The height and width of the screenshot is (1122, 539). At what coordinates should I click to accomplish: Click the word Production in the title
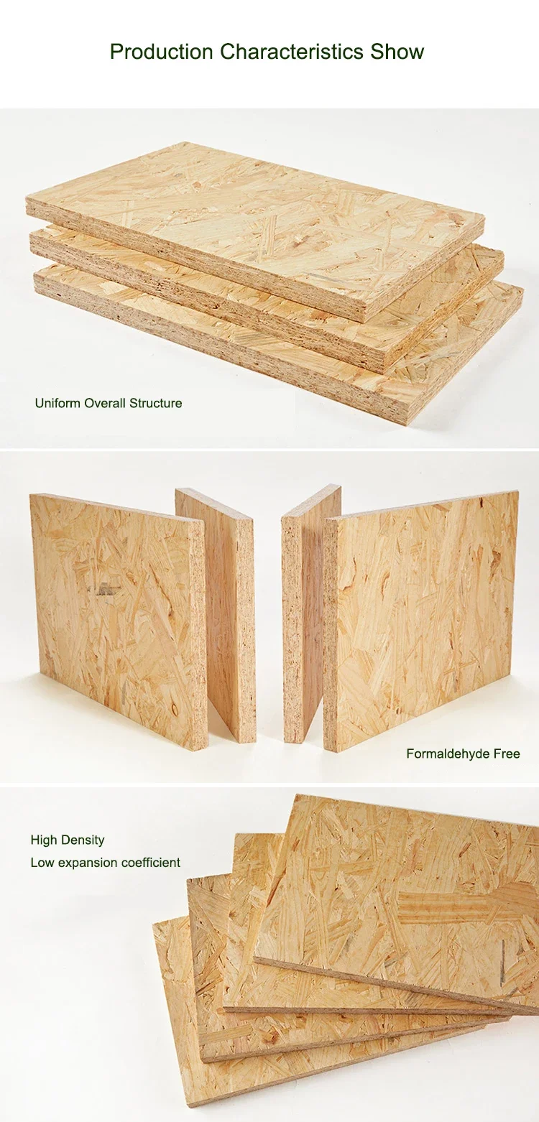tap(162, 52)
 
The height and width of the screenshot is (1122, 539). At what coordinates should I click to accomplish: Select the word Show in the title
tap(397, 52)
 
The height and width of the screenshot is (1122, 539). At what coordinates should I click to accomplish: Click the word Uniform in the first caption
tap(58, 403)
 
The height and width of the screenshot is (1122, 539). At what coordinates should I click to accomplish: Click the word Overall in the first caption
tap(105, 403)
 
